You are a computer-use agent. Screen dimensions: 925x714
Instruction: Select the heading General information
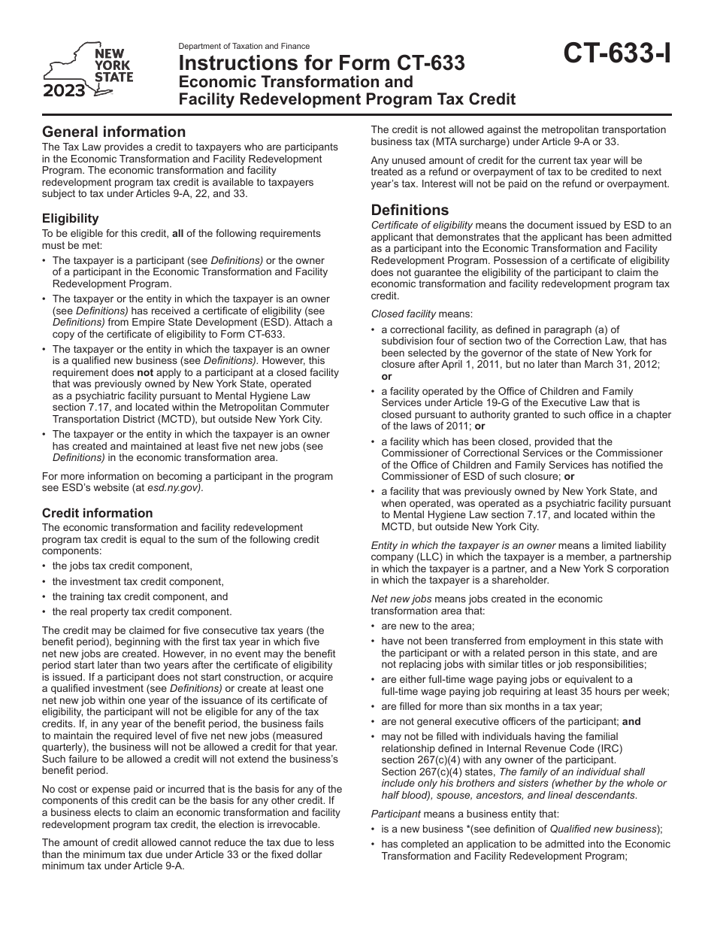[113, 132]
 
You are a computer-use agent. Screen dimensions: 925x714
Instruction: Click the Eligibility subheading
[70, 218]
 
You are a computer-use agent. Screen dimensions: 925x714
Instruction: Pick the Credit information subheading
[97, 513]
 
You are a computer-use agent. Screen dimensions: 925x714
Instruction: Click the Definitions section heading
[410, 210]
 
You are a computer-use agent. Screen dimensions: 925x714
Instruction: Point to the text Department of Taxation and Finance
[244, 47]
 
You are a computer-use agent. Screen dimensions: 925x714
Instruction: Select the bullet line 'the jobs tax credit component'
[123, 566]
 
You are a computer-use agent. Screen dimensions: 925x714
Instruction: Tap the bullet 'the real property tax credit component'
[142, 611]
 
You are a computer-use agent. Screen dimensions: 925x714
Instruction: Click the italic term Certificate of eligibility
[422, 225]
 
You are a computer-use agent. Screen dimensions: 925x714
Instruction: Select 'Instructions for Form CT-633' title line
[321, 64]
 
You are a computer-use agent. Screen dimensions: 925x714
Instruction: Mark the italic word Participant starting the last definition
[396, 814]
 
